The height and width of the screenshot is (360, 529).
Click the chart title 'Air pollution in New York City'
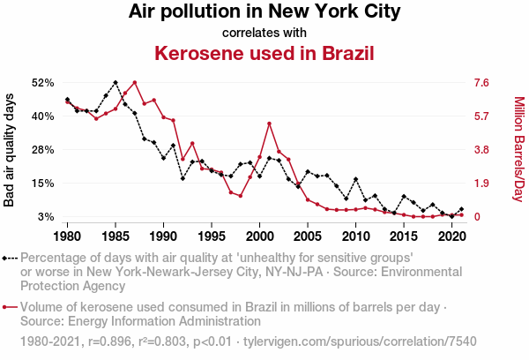coord(264,12)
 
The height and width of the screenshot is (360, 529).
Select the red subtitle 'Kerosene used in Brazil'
coord(264,52)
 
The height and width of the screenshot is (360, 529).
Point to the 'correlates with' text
coord(264,33)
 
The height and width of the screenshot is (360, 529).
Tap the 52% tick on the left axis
coord(42,83)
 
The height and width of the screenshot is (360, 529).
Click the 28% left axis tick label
coord(42,150)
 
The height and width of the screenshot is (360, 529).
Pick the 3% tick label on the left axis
coord(46,217)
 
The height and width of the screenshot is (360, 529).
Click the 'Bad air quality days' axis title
coord(10,150)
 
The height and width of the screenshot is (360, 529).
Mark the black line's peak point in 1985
coord(115,82)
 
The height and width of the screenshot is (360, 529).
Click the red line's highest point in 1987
coord(134,83)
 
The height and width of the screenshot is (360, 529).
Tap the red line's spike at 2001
coord(269,124)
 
